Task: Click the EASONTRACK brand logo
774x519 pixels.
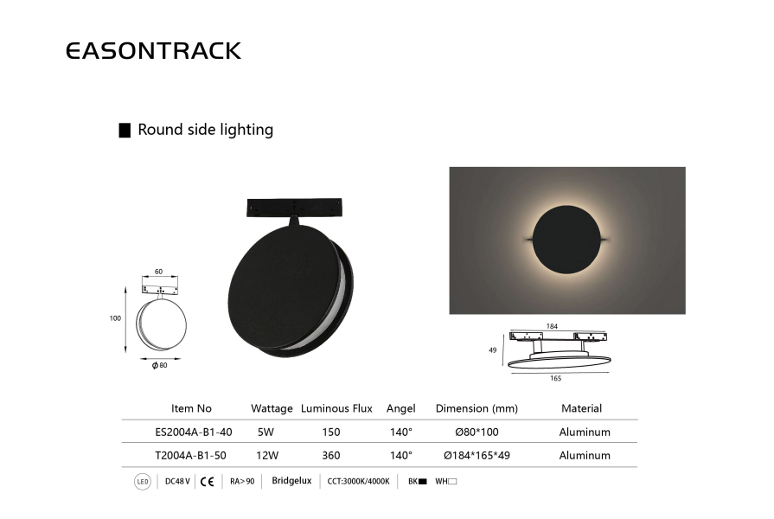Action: click(154, 51)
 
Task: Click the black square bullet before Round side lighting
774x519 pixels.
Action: click(125, 131)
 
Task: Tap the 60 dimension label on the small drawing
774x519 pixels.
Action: click(158, 272)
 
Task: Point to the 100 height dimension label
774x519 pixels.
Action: click(115, 318)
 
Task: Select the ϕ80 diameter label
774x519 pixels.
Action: click(159, 365)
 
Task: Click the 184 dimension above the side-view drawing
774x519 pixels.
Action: click(552, 326)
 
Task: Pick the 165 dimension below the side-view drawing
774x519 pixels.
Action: click(555, 378)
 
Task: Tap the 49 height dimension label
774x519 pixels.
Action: click(493, 350)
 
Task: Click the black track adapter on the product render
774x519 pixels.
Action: click(294, 208)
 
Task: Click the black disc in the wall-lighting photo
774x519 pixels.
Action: click(566, 240)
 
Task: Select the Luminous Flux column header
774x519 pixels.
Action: click(336, 408)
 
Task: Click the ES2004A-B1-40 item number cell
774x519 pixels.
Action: click(194, 432)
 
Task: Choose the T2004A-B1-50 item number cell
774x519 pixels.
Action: click(190, 455)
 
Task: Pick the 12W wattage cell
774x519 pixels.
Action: click(267, 455)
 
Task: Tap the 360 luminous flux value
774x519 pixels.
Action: click(330, 455)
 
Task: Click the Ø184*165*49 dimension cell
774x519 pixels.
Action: click(477, 455)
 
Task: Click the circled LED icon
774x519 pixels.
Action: click(142, 482)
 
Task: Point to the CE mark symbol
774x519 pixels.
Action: click(208, 482)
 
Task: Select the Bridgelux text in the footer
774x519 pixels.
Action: click(291, 481)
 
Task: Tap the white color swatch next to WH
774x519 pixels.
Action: click(452, 482)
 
